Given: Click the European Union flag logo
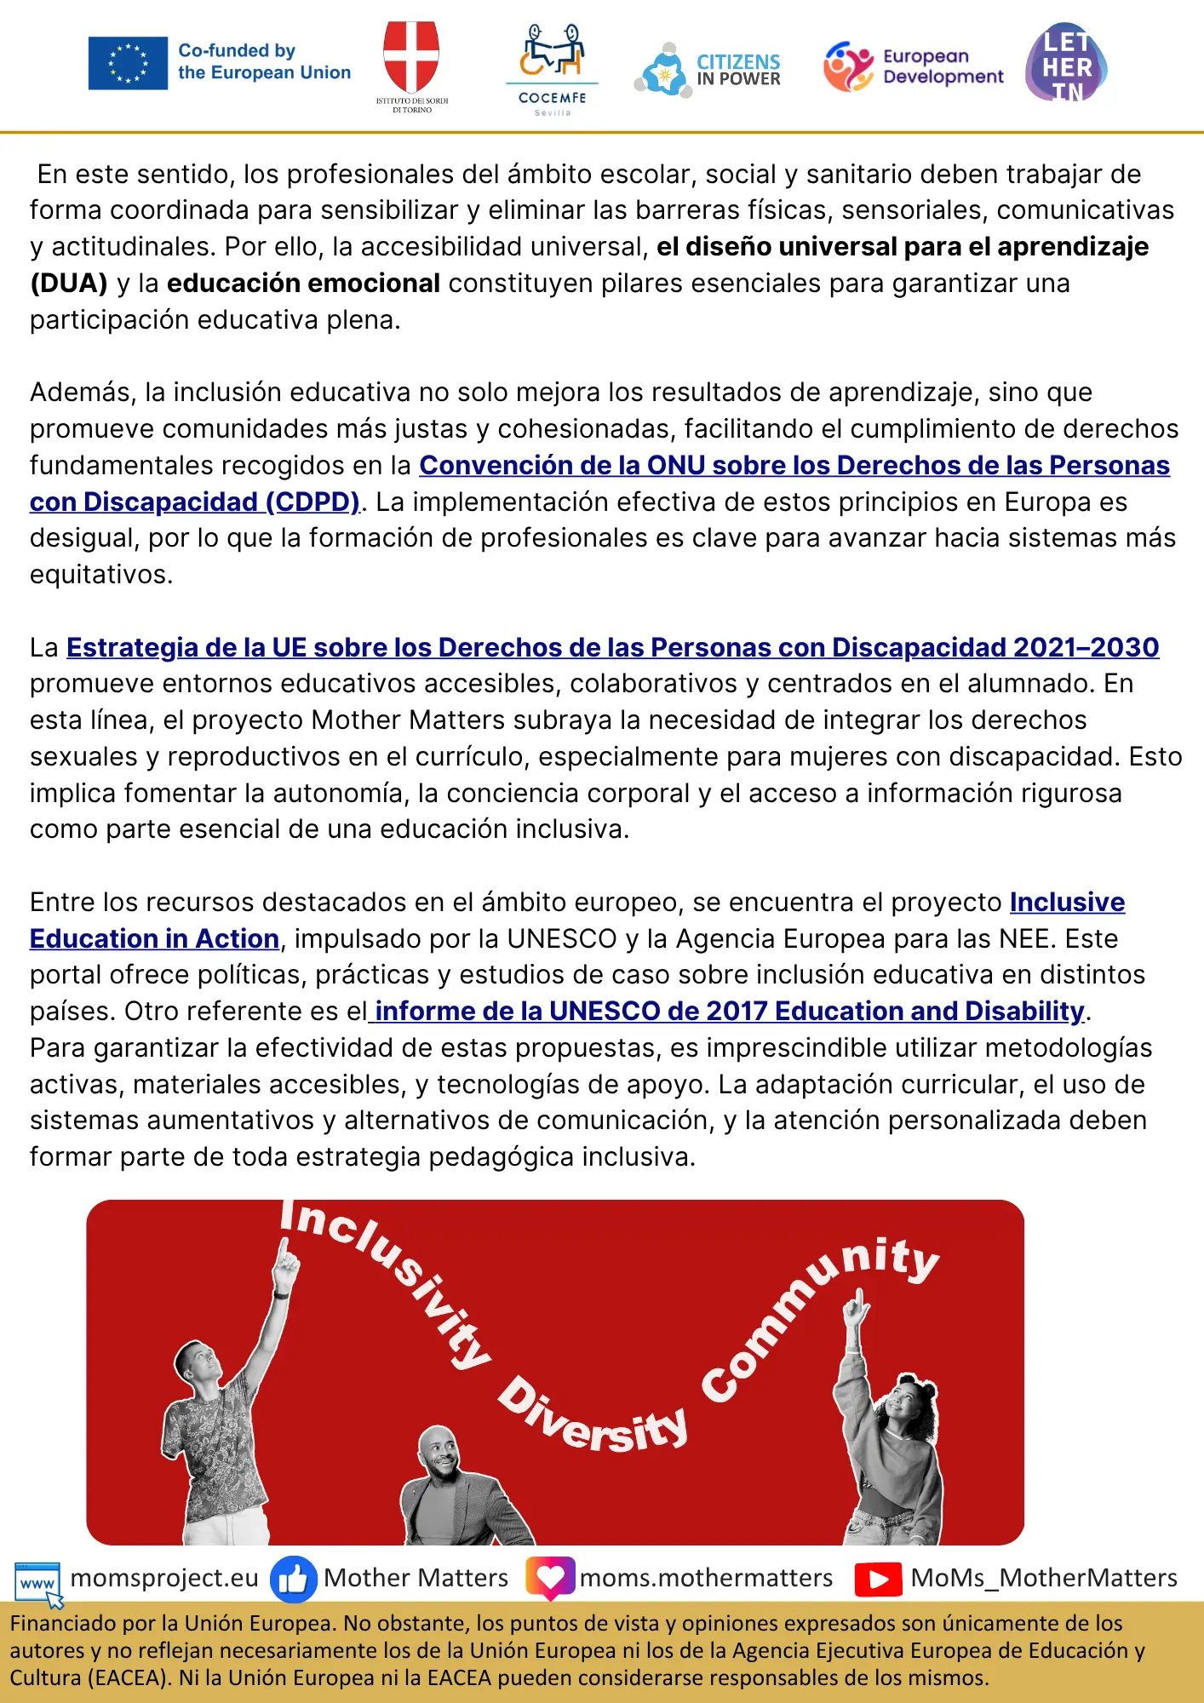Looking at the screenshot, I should pos(128,63).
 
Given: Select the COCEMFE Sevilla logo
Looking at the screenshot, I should pos(552,68).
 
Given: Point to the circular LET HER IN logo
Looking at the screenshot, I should pos(1066,63).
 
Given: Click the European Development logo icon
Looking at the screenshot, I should pos(848,66).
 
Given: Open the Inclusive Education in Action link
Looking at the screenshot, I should pos(154,938).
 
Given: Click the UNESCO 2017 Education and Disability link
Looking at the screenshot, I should pos(729,1011).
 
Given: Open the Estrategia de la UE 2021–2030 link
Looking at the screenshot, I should pos(612,647).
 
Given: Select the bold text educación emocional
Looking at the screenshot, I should pos(303,283).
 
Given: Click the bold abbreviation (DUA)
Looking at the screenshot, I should pos(69,283).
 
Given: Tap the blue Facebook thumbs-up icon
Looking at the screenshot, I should pos(293,1580).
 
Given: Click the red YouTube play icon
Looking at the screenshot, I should pos(878,1580).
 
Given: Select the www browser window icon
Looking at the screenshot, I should pos(38,1582).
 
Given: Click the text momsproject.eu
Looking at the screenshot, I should pos(164,1578).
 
